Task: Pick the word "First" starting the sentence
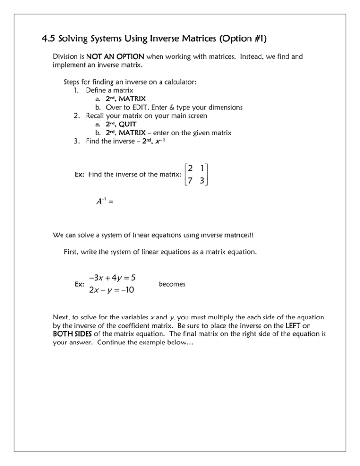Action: tap(72, 251)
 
